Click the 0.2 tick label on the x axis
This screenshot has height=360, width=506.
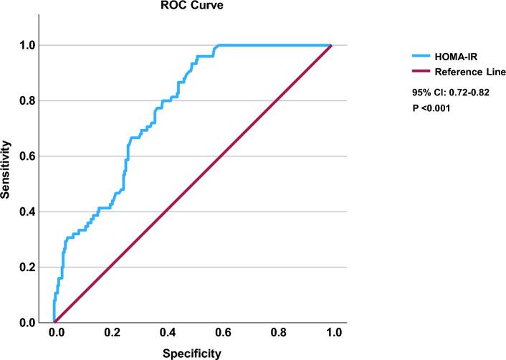coord(110,333)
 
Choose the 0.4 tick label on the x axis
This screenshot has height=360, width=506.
coord(166,333)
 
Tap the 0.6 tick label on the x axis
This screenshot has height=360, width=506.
coord(222,333)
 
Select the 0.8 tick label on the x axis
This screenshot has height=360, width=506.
coord(277,333)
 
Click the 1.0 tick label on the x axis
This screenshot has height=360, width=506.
coord(333,333)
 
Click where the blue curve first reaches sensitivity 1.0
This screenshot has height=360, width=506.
coord(218,45)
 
